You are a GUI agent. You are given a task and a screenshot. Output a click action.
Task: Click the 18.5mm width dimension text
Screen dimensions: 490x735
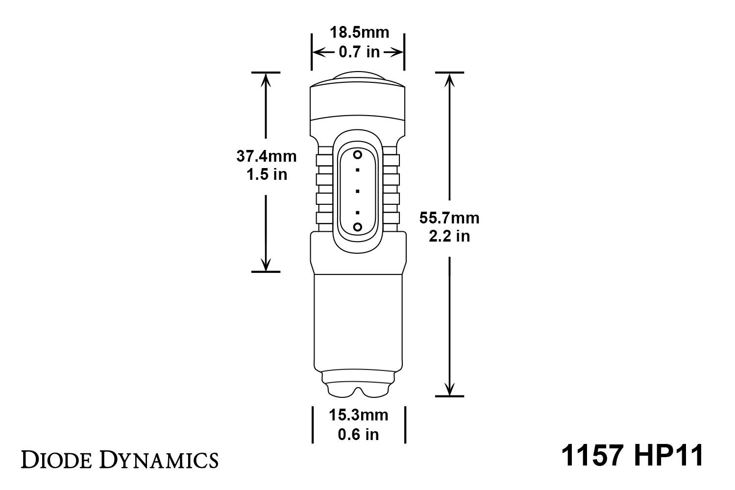359,33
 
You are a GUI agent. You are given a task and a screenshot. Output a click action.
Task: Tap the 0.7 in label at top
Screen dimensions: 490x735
359,52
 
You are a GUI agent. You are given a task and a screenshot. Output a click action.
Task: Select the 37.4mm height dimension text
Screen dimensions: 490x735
266,156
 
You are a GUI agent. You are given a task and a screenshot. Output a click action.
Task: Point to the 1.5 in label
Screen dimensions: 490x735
266,174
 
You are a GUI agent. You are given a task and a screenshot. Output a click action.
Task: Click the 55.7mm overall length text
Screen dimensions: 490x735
449,218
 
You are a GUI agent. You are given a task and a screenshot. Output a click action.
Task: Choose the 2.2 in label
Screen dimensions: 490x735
449,236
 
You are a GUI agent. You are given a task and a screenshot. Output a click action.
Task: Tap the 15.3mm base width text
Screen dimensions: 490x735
358,416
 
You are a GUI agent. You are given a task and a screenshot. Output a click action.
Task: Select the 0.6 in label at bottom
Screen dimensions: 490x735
358,434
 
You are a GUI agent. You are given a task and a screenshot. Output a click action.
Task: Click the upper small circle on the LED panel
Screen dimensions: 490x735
358,155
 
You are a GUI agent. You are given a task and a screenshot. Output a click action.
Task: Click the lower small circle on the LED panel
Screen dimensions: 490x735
358,226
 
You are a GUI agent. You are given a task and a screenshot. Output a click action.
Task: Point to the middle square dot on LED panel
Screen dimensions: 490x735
358,191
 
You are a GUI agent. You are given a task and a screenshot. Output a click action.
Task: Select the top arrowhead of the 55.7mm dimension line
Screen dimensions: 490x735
449,78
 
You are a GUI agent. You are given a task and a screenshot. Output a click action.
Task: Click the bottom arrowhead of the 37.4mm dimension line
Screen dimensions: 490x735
266,266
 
